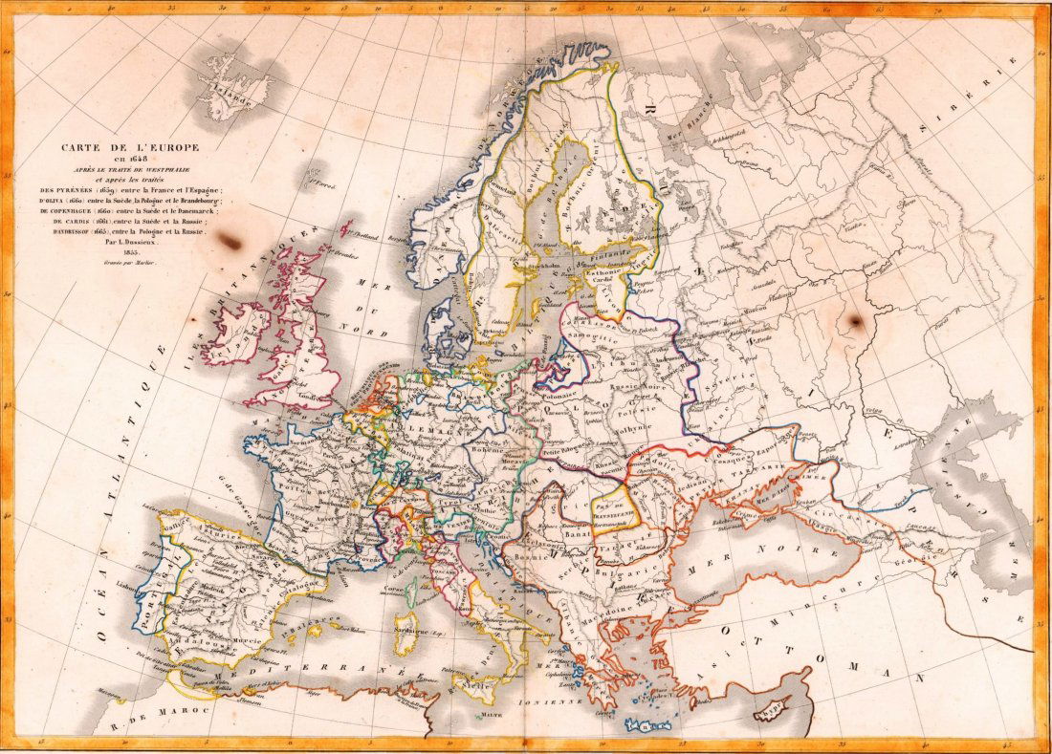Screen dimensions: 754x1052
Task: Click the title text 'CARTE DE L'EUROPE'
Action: [x=124, y=147]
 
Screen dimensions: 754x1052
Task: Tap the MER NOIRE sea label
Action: [x=756, y=551]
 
